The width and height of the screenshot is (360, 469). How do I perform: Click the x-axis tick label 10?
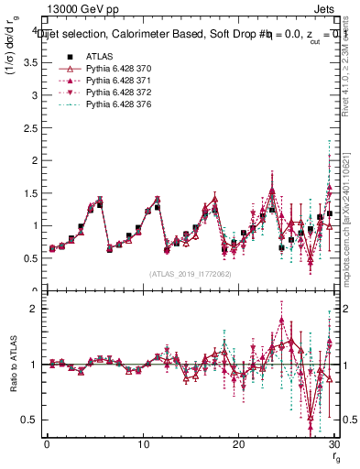tap(143, 444)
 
